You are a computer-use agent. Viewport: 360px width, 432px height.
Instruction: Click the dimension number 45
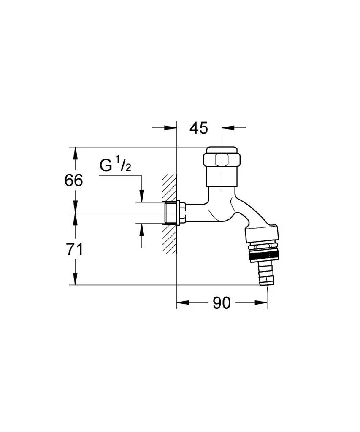199,128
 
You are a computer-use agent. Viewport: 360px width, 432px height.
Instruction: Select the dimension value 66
73,181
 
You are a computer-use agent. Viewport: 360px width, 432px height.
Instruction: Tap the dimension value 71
74,250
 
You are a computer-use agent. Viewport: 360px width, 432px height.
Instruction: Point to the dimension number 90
222,303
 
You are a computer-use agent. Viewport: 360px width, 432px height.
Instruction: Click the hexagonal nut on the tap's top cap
221,160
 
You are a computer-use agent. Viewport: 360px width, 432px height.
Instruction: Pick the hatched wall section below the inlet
169,239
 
